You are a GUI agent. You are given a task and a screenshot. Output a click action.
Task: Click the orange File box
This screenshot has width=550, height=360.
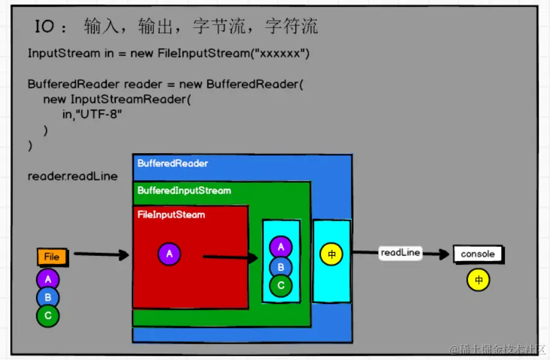pos(51,257)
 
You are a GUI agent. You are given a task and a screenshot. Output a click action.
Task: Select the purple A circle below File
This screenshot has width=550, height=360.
pos(48,279)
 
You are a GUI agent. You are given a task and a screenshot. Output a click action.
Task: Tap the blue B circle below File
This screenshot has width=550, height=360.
pos(48,297)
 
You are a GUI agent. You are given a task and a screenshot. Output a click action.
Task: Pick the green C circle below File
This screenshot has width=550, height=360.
pos(48,315)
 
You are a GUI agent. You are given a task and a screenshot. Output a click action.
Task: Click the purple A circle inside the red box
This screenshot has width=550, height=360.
pos(169,254)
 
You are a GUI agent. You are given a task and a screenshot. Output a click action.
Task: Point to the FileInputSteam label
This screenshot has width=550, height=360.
pos(171,215)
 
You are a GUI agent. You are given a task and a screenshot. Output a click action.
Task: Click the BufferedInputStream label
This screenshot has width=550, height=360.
pos(184,191)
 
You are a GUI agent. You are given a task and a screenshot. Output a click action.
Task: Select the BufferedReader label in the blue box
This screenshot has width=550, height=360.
pos(172,163)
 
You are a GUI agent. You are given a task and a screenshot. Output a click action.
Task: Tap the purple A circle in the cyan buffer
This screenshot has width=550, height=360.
pos(281,247)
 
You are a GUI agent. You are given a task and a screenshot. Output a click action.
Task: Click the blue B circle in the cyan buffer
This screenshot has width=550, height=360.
pos(281,267)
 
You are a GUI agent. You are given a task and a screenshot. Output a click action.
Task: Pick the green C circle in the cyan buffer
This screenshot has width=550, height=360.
pos(281,285)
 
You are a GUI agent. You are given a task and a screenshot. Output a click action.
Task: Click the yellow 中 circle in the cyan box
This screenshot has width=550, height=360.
pos(331,254)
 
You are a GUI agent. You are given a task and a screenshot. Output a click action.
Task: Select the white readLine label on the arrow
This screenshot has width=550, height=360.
pos(400,253)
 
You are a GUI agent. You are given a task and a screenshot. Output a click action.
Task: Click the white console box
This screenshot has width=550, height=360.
pos(478,254)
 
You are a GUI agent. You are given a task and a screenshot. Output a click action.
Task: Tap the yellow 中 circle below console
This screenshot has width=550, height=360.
pos(478,280)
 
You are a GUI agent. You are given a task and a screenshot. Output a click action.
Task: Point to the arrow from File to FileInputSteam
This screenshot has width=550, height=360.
pos(101,255)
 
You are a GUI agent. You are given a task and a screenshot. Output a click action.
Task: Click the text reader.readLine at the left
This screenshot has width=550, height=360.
pos(72,177)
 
